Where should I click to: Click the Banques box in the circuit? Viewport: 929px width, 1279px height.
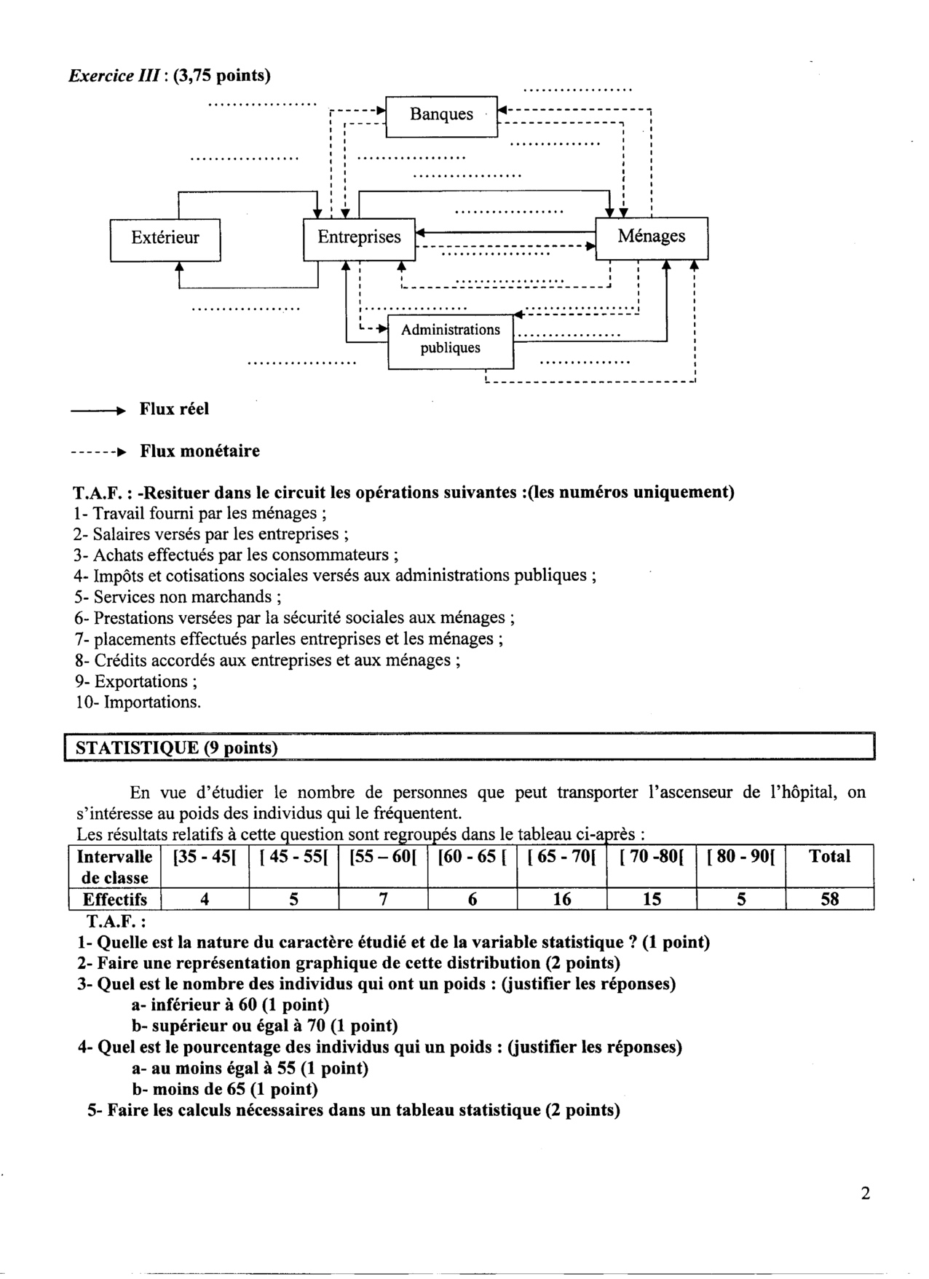pyautogui.click(x=441, y=115)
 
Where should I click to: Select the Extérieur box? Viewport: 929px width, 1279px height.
pyautogui.click(x=165, y=238)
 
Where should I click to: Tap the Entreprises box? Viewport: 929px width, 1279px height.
pyautogui.click(x=359, y=237)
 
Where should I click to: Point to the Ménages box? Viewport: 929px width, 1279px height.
pyautogui.click(x=651, y=237)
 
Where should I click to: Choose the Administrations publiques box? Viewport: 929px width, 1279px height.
pyautogui.click(x=451, y=339)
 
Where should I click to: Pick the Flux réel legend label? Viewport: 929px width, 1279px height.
pyautogui.click(x=174, y=409)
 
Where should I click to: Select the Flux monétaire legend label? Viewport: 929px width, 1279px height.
pyautogui.click(x=199, y=451)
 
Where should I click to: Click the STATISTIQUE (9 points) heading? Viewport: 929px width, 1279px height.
pyautogui.click(x=177, y=748)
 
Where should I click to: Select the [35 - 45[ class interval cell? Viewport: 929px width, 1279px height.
pyautogui.click(x=205, y=858)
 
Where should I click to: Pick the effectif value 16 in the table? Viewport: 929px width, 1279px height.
pyautogui.click(x=561, y=900)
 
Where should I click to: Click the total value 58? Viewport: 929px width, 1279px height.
pyautogui.click(x=829, y=900)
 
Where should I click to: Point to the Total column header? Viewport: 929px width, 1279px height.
pyautogui.click(x=829, y=857)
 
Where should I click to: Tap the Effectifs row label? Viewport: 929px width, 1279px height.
pyautogui.click(x=114, y=900)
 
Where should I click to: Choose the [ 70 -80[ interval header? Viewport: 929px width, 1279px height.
pyautogui.click(x=651, y=858)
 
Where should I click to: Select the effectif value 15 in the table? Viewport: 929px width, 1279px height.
pyautogui.click(x=652, y=900)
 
